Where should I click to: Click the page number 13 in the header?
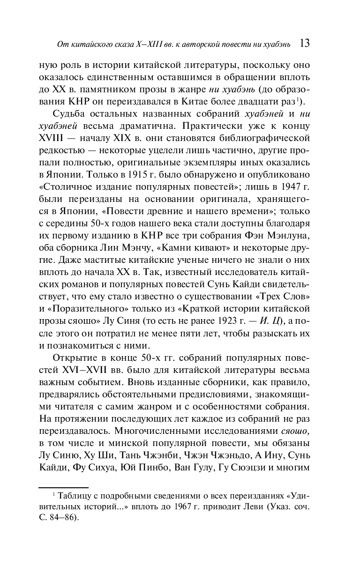pos(303,44)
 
